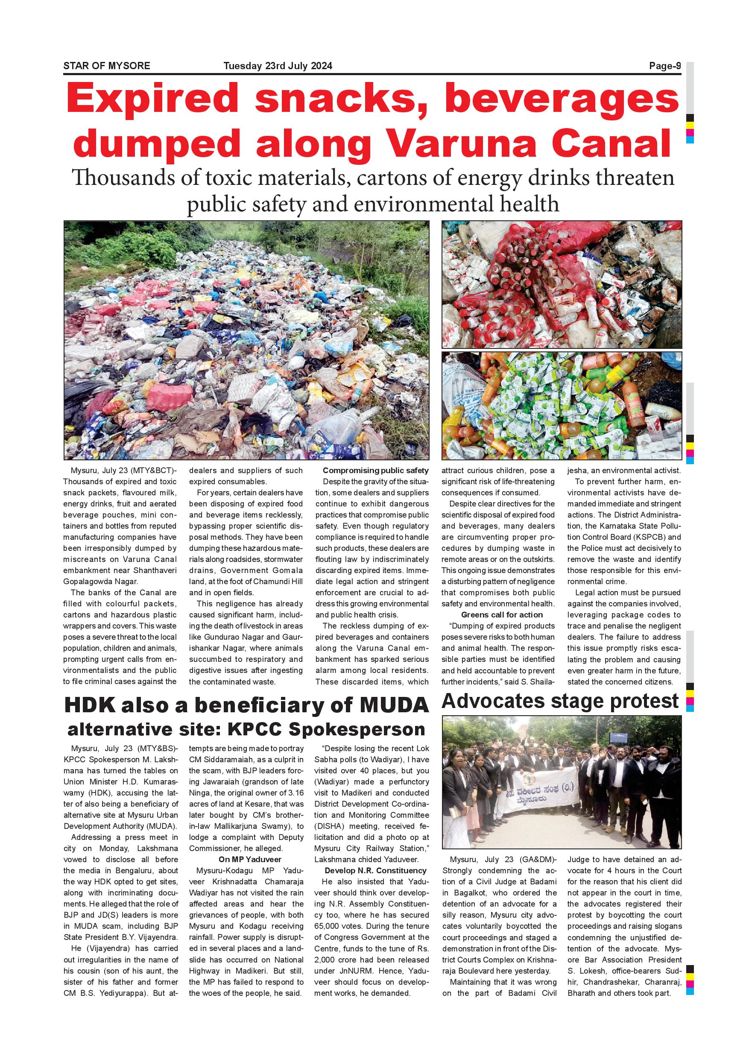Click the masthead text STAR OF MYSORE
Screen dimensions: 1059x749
coord(106,66)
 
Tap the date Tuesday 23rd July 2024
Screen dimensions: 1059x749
coord(278,66)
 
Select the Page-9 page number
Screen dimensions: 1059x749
coord(664,66)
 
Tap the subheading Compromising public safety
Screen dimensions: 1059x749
coord(375,471)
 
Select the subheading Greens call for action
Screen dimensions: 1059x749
coord(502,615)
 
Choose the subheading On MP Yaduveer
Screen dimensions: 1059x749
coord(249,859)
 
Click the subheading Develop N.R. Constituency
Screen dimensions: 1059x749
coord(375,870)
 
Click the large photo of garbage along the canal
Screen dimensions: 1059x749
coord(246,340)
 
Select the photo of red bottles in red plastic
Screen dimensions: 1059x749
coord(561,284)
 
